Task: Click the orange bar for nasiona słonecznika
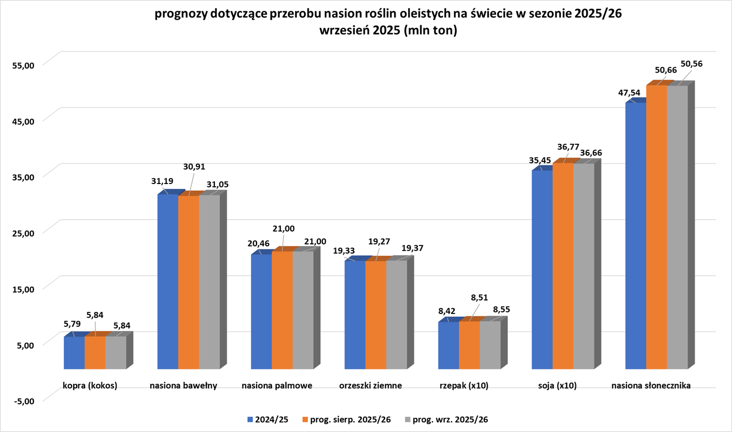(x=656, y=227)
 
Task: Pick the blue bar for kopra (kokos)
(x=74, y=353)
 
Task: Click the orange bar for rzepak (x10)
(x=469, y=345)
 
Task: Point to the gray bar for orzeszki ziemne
(x=397, y=314)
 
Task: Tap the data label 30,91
(x=194, y=167)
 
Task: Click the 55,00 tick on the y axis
(x=22, y=65)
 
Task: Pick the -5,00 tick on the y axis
(x=22, y=401)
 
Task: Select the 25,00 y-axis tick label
(x=22, y=233)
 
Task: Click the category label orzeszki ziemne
(x=370, y=385)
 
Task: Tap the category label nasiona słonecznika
(x=651, y=385)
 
